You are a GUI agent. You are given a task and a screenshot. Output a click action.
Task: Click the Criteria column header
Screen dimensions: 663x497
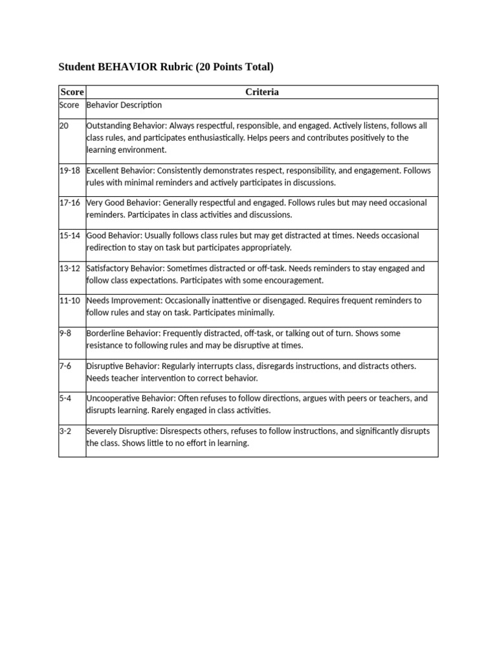[x=262, y=92]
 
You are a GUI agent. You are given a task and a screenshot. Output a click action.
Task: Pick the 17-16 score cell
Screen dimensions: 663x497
[x=70, y=203]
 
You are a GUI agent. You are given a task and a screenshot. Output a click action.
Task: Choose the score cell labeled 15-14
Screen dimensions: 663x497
[x=70, y=235]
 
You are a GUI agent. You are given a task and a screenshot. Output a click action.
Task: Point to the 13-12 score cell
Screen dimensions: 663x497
[x=70, y=268]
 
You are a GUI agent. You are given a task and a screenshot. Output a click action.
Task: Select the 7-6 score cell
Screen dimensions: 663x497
[x=65, y=366]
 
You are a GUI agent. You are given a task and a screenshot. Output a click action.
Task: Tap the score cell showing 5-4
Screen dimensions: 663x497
[x=65, y=398]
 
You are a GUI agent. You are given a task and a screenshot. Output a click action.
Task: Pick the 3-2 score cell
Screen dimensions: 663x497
[x=65, y=431]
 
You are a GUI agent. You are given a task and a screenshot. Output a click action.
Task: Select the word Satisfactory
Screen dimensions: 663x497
[x=107, y=268]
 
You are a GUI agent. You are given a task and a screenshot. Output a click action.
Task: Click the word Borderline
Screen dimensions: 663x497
[x=105, y=333]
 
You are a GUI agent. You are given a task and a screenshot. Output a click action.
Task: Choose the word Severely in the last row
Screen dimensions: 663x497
[x=102, y=431]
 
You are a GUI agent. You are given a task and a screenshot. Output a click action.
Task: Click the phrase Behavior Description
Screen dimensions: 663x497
[x=124, y=105]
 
